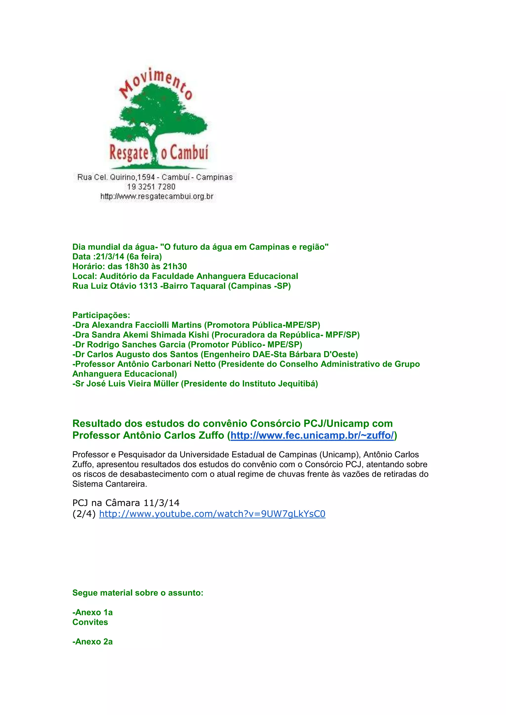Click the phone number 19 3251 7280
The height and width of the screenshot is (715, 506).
(151, 187)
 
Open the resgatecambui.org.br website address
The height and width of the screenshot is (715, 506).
(157, 197)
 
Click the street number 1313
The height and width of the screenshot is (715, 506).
(148, 286)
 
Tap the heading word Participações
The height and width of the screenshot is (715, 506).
(101, 315)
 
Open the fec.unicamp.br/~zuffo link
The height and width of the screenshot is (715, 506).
(312, 435)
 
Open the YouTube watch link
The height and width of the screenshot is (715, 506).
(212, 514)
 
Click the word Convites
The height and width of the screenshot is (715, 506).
(90, 622)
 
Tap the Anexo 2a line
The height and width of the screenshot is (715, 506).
(93, 642)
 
